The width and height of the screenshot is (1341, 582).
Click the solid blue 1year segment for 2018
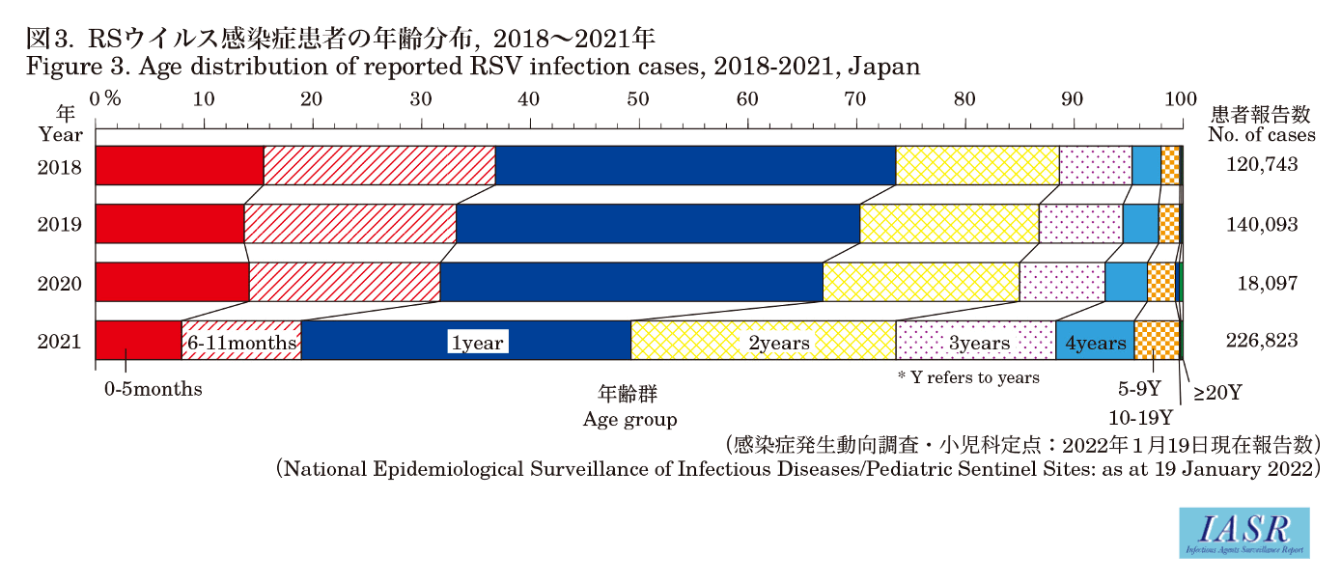coord(695,165)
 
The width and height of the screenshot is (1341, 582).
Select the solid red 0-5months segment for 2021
coord(138,341)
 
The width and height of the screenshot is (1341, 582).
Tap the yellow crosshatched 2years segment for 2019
coord(949,224)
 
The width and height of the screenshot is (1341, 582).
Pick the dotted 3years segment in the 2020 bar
coord(1062,282)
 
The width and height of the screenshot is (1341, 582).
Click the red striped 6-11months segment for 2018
coord(379,165)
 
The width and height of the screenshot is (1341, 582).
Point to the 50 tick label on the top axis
coord(637,98)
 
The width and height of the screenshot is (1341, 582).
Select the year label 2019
coord(60,225)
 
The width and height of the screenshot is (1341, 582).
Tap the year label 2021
coord(60,342)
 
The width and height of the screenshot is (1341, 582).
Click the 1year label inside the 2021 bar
coord(478,343)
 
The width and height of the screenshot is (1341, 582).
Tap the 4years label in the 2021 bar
coord(1095,343)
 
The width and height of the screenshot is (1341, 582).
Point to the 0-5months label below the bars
coord(154,390)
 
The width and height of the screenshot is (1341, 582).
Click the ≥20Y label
coord(1217,393)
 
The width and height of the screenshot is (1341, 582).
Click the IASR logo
coord(1245,533)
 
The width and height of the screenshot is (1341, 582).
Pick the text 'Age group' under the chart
coord(629,420)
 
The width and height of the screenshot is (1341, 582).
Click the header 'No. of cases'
coord(1262,135)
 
